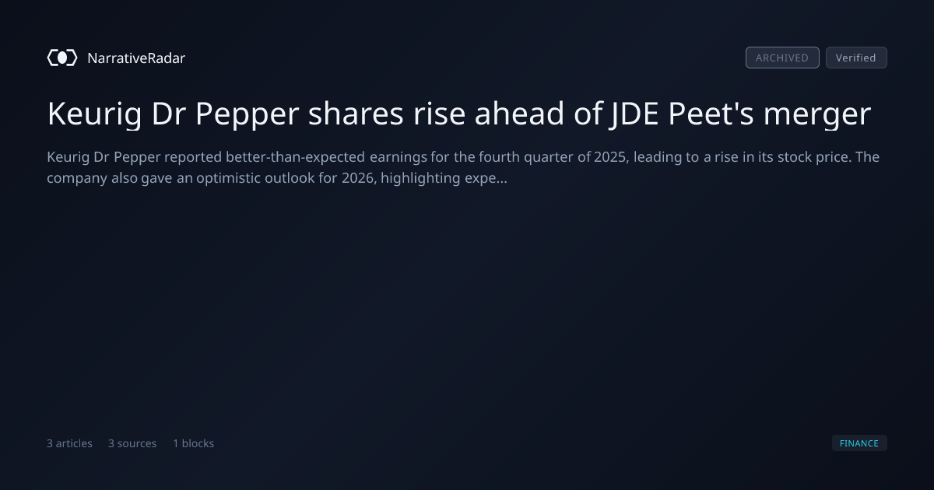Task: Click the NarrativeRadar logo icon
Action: (62, 58)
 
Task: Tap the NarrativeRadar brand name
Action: (136, 58)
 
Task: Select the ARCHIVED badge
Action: (782, 58)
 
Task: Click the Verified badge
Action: (856, 58)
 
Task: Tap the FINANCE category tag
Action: (859, 443)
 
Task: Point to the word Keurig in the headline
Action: (95, 114)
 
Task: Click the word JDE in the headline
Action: (634, 114)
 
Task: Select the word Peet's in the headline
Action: (711, 114)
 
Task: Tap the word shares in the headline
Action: (356, 114)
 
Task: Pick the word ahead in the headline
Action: (520, 114)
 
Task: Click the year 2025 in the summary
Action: (611, 157)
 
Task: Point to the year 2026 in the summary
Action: (359, 178)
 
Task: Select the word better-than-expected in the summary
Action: (296, 157)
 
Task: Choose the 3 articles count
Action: (69, 443)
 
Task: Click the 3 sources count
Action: (132, 443)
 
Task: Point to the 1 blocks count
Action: (194, 443)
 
